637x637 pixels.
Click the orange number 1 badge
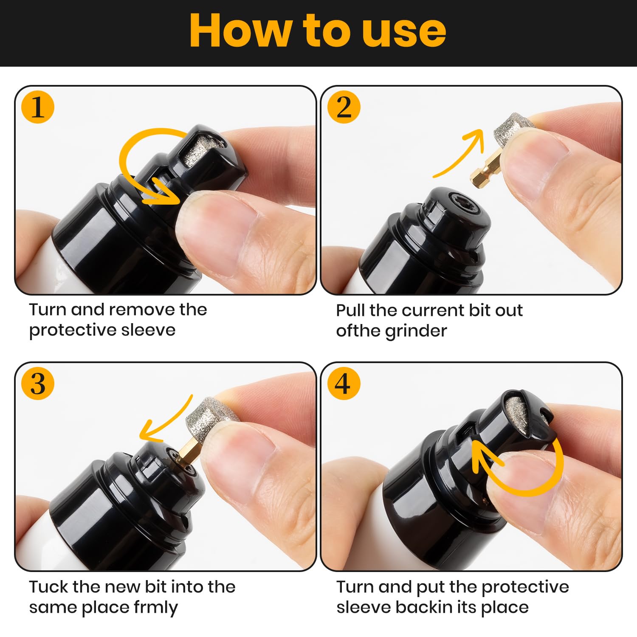click(x=38, y=107)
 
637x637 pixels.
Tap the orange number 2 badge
click(x=344, y=107)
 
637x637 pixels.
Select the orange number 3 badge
click(x=38, y=383)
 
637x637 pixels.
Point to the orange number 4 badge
click(x=344, y=383)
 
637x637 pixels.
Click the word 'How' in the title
click(x=240, y=31)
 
